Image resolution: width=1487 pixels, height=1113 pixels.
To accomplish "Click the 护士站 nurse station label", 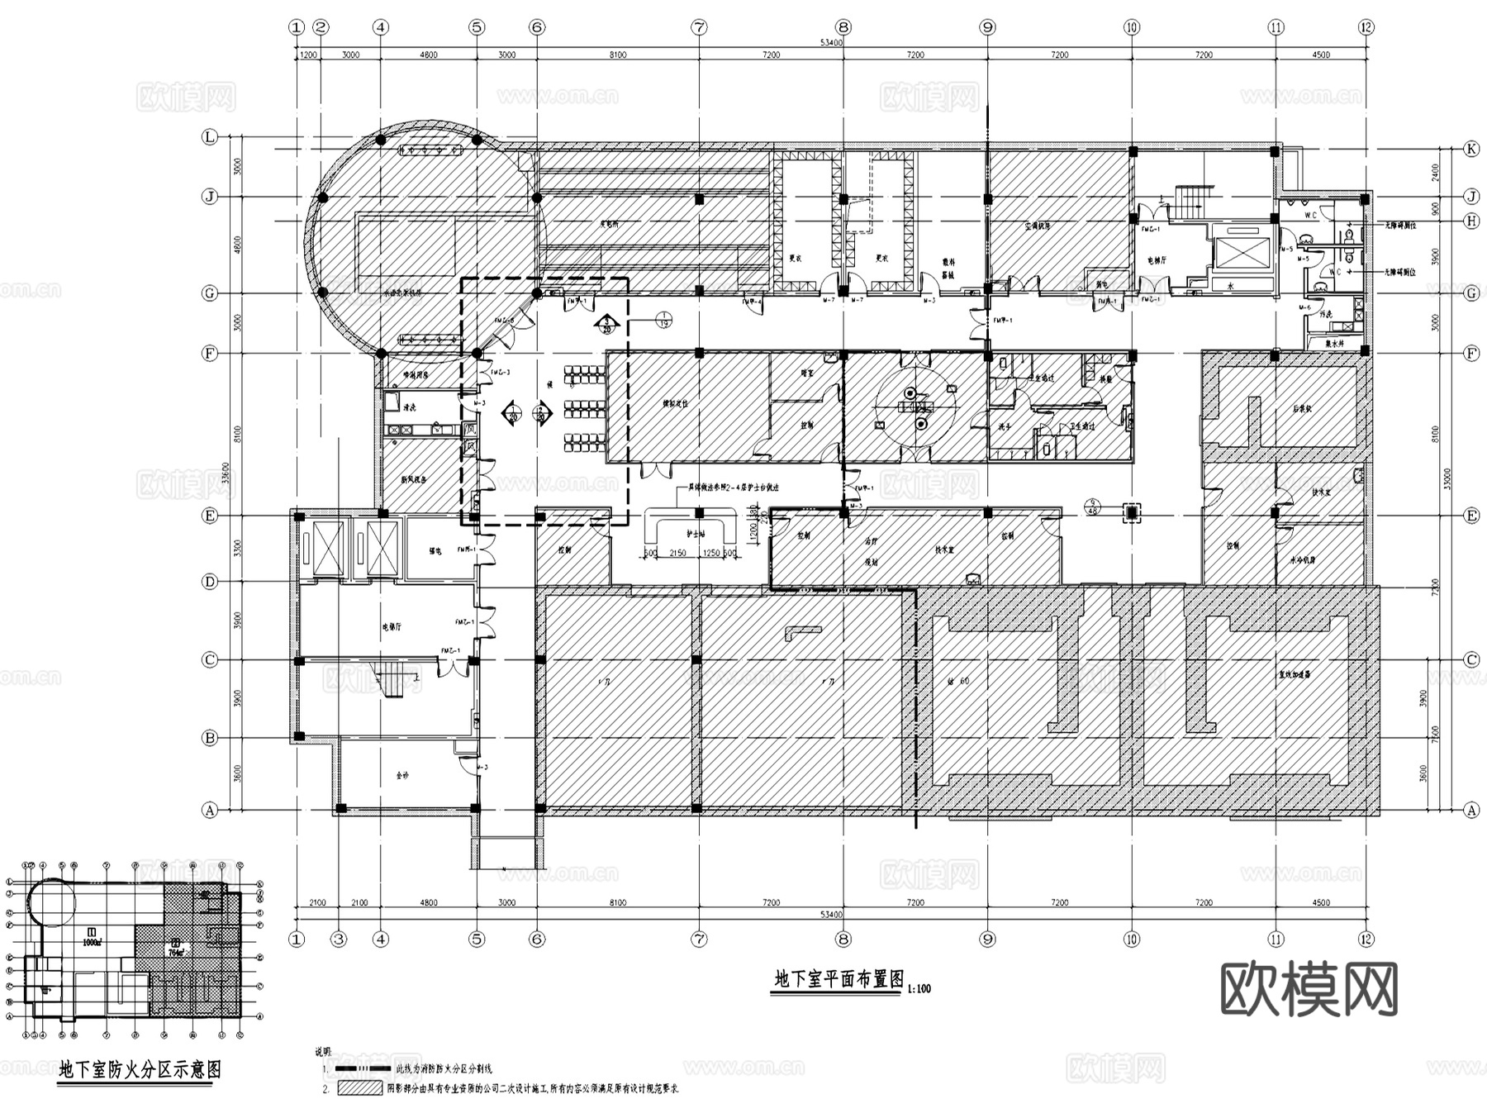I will pos(696,535).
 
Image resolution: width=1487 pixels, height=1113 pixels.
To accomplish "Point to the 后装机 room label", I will pos(1303,408).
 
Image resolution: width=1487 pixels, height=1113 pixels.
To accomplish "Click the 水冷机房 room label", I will pos(1303,559).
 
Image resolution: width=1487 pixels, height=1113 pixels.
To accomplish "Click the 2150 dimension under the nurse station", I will pos(677,554).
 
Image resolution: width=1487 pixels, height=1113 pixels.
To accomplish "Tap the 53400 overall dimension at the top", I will pos(831,43).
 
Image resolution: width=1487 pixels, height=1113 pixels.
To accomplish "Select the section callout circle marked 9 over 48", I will pos(1093,507).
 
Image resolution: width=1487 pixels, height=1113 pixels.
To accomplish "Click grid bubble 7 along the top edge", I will pos(699,27).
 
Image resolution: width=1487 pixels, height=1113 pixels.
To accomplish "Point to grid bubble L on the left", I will pos(210,137).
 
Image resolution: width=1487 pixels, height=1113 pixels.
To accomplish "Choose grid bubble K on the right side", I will pos(1470,149).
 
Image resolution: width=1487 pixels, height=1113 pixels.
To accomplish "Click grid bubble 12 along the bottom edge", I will pos(1366,939).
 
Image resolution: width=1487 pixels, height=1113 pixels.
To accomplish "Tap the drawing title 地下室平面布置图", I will pos(838,979).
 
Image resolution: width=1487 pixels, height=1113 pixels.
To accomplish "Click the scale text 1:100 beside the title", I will pos(919,988).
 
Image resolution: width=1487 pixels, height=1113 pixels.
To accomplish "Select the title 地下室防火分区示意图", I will pos(140,1070).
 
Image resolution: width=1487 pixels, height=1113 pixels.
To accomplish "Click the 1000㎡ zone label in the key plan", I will pos(91,941).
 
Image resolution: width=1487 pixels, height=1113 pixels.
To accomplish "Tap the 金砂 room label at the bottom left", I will pos(402,775).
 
